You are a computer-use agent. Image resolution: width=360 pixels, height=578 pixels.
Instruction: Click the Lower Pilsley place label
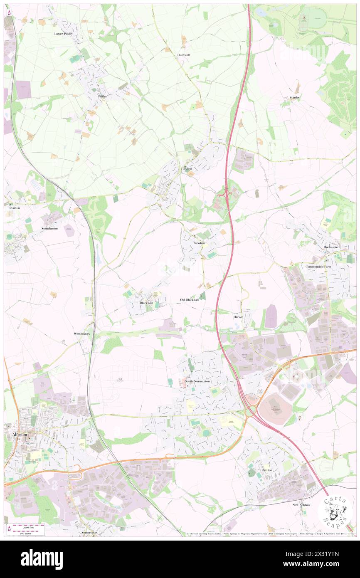[x=64, y=33]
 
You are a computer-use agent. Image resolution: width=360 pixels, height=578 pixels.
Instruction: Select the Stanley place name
[x=295, y=97]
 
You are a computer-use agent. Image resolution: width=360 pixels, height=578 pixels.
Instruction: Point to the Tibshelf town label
[x=186, y=169]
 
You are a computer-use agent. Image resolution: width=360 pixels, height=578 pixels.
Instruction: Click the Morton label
[x=12, y=207]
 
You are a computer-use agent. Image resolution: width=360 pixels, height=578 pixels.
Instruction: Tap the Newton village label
[x=199, y=242]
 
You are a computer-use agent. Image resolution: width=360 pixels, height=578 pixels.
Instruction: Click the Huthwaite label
[x=331, y=247]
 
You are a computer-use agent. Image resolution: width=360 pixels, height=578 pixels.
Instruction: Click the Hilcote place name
[x=238, y=316]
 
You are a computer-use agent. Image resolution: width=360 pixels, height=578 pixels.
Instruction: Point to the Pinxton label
[x=267, y=470]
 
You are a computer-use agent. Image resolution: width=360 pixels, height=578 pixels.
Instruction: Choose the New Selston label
[x=301, y=505]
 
